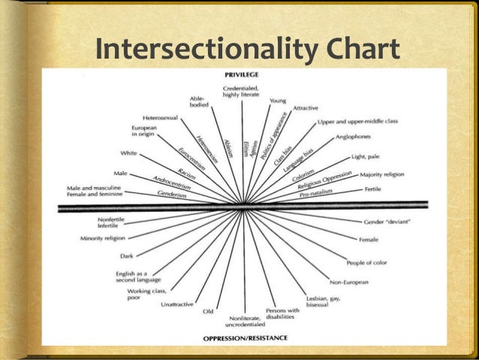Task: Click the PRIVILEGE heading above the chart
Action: pyautogui.click(x=243, y=75)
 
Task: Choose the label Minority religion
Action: pyautogui.click(x=103, y=238)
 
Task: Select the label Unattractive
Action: pyautogui.click(x=178, y=304)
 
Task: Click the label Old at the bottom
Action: pyautogui.click(x=208, y=311)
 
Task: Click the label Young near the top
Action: pyautogui.click(x=278, y=101)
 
